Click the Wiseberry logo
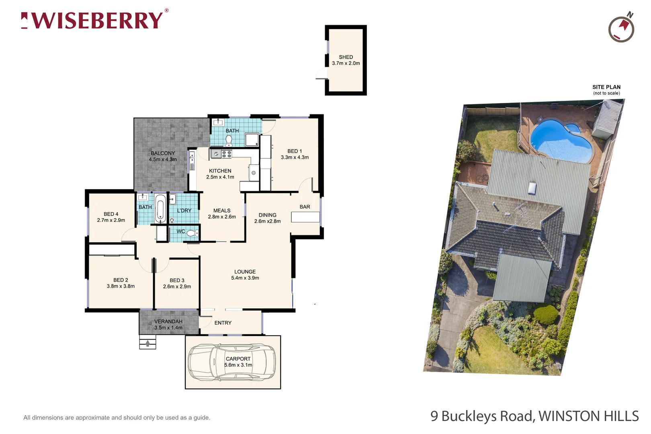tap(95, 20)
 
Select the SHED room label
tap(346, 57)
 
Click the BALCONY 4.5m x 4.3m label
tap(163, 156)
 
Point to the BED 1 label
tap(295, 151)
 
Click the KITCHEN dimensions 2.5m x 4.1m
tap(220, 177)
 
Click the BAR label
tap(305, 207)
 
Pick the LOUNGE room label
tap(245, 272)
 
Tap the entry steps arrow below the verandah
tap(147, 343)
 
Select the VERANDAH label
tap(168, 321)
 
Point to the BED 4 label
tap(111, 214)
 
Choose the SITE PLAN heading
tap(606, 87)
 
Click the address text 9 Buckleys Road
tap(482, 416)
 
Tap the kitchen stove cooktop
tap(227, 154)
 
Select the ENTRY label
tap(223, 323)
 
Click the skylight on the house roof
tap(532, 188)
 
